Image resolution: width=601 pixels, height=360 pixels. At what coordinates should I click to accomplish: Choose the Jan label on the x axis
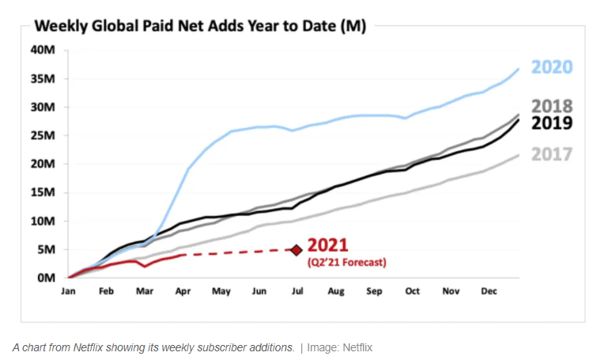tap(70, 291)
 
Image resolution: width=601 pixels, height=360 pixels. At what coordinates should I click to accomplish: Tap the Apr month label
tap(183, 291)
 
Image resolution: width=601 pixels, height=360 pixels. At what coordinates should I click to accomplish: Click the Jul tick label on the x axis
tap(297, 291)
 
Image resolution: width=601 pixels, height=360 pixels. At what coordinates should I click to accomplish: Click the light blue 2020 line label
tap(551, 66)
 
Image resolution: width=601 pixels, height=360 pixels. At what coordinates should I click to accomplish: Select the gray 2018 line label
tap(551, 106)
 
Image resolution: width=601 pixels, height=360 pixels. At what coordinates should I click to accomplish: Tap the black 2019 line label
tap(551, 123)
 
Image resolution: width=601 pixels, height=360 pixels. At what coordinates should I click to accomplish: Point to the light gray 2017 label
tap(551, 154)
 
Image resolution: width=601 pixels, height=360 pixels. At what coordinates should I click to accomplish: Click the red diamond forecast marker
tap(297, 250)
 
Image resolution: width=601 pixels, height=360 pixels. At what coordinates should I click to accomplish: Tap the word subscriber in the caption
tap(204, 347)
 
